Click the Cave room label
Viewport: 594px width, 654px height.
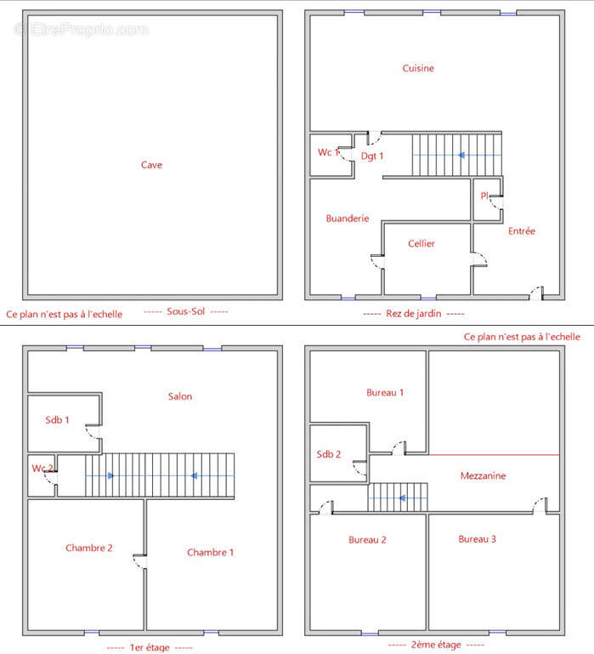tap(151, 165)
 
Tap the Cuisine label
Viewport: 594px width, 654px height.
tap(418, 68)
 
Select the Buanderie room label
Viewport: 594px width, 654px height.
tap(348, 218)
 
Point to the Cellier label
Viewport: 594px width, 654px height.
tap(421, 243)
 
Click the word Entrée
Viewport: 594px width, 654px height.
tap(522, 230)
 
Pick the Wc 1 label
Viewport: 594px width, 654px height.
tap(329, 152)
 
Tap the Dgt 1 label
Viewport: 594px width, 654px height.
tap(372, 156)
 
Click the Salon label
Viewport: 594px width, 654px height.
tap(180, 396)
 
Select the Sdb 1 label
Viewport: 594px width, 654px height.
tap(57, 419)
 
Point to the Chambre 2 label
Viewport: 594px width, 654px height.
tap(88, 548)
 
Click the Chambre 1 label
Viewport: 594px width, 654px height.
tap(210, 552)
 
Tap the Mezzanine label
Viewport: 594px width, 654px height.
tap(483, 475)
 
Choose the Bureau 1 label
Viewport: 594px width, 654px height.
tap(385, 392)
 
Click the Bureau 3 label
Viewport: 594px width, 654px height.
tap(477, 539)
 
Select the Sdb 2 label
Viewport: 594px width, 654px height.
tap(329, 454)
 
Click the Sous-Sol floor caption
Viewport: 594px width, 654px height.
tap(185, 311)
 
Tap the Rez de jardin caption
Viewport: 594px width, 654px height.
tap(414, 313)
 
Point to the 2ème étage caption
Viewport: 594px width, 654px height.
tap(436, 645)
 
